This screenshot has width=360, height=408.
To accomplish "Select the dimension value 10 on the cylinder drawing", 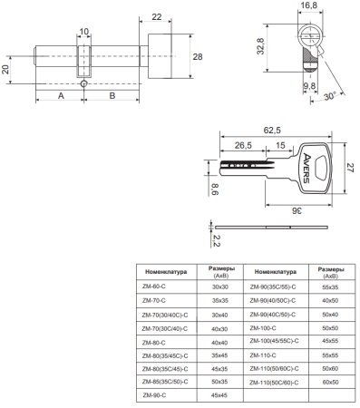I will click(x=84, y=33).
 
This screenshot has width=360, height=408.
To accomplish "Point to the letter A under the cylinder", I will click(x=60, y=94).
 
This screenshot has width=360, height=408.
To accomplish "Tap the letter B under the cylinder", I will click(x=112, y=94).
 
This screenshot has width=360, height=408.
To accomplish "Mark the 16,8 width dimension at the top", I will click(x=308, y=6).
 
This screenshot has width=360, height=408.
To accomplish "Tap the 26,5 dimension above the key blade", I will click(x=243, y=145).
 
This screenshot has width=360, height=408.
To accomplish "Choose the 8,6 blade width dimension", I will click(x=215, y=189).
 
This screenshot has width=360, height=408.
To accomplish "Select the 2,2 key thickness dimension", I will click(x=215, y=240).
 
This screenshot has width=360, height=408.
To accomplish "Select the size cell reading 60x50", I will click(x=330, y=383).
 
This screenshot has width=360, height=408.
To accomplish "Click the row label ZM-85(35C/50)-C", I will click(x=166, y=383).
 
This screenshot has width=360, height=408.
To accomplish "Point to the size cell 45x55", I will click(x=330, y=341).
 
